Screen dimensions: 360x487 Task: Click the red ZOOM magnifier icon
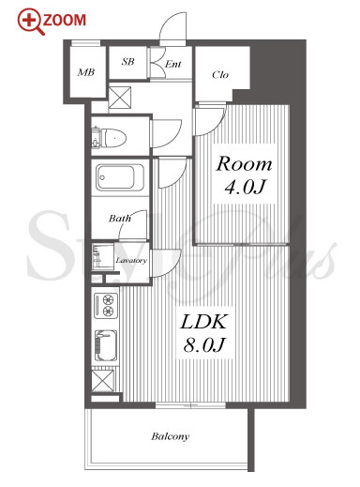point(31,22)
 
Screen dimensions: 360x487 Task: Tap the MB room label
point(86,72)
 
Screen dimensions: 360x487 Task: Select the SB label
point(127,62)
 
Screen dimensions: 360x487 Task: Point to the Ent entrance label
point(172,64)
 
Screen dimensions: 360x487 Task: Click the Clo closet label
point(220,75)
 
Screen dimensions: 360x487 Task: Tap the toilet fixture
point(109,138)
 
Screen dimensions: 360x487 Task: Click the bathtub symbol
point(120,178)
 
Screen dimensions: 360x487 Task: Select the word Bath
point(120,218)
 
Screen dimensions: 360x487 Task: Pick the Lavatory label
point(131,260)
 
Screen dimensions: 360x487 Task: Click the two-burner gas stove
point(106,306)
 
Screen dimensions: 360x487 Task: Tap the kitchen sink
point(106,346)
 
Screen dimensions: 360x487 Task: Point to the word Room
point(244,164)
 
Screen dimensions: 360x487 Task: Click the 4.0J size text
point(245,187)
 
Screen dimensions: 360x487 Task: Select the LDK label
point(203,322)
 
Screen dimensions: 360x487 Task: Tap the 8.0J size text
point(204,345)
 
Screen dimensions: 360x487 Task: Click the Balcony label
point(171,436)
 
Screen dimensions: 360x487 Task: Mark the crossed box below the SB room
point(120,98)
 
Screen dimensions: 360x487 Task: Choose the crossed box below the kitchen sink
point(103,381)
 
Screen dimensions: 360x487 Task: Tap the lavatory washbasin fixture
point(102,257)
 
